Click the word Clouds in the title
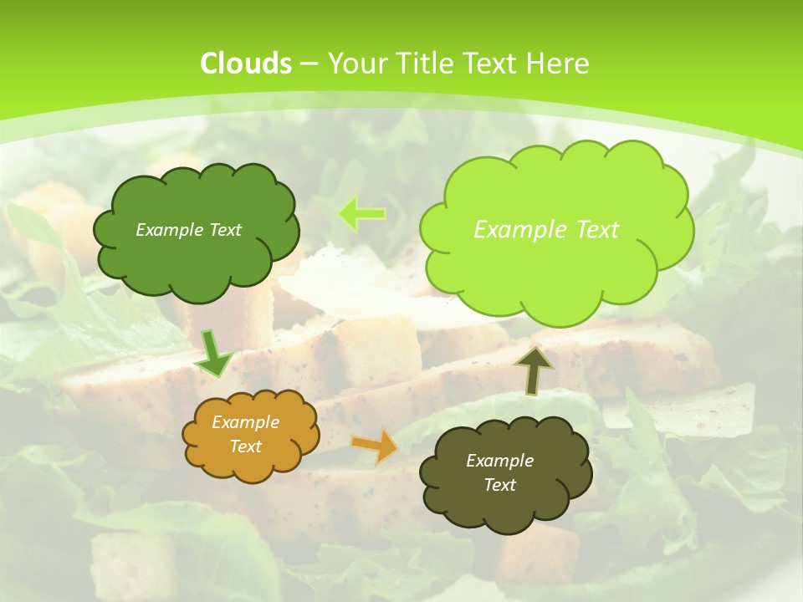click(x=245, y=63)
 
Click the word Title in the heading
click(x=423, y=63)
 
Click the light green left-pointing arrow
click(x=362, y=214)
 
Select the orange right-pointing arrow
click(x=376, y=446)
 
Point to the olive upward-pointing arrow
click(x=533, y=369)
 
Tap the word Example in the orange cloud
click(x=246, y=422)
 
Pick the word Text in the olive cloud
click(x=499, y=485)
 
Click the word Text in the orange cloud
click(x=246, y=446)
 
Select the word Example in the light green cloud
click(x=518, y=229)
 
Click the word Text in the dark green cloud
click(x=225, y=230)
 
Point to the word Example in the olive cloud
click(x=499, y=461)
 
